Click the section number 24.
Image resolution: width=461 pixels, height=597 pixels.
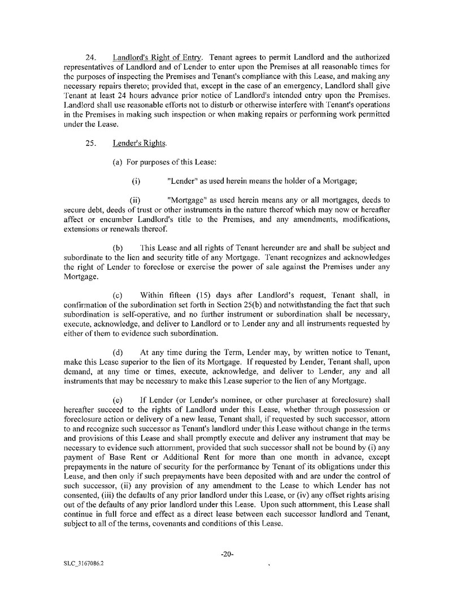click(x=89, y=58)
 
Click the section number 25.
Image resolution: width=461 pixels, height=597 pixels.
click(x=89, y=143)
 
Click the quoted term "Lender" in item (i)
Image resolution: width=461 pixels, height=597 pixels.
click(x=184, y=181)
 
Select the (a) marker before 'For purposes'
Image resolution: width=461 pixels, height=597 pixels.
click(x=118, y=163)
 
